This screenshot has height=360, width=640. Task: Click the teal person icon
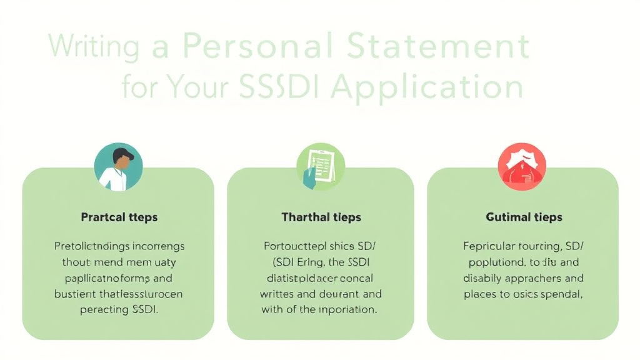118,167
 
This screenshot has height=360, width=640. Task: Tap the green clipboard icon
320,167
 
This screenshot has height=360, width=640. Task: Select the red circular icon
521,167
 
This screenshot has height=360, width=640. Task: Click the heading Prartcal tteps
119,217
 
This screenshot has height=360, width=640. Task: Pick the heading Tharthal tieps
321,217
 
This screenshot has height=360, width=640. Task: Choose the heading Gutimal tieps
524,217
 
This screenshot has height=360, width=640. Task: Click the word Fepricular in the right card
489,246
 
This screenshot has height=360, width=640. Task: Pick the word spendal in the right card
561,294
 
